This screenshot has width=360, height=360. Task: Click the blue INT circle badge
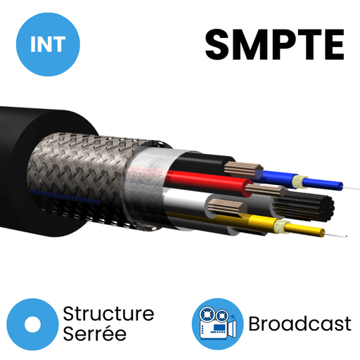(48, 44)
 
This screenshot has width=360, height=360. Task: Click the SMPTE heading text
(275, 44)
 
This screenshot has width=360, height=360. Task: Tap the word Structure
(108, 314)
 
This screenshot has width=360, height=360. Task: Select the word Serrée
(95, 333)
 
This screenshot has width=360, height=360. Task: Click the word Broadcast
(300, 323)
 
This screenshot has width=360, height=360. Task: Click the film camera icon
(218, 324)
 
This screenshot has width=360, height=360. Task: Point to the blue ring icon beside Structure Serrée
(32, 324)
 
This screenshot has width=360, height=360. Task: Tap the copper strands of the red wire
(265, 191)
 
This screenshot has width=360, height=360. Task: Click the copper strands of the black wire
(244, 169)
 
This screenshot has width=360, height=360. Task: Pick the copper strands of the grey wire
(227, 207)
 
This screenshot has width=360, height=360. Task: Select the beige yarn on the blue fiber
(298, 181)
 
